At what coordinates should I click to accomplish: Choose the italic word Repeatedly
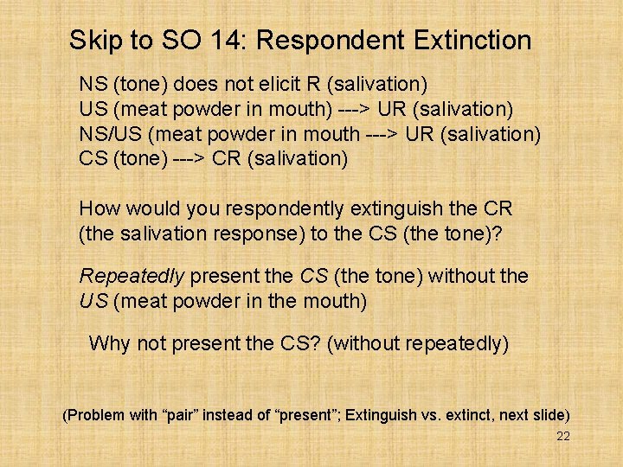coord(132,276)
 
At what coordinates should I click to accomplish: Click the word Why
coord(109,343)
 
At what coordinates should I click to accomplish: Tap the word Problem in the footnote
coord(99,415)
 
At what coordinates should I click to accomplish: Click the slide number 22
coord(562,437)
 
